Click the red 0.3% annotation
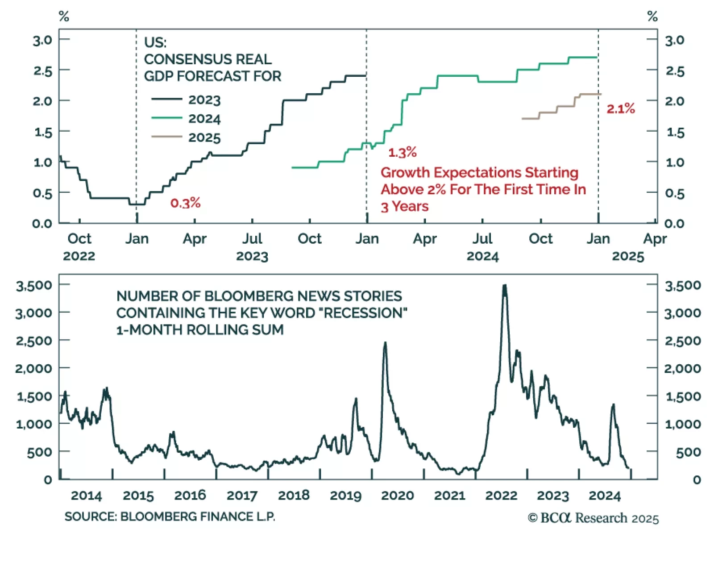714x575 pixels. point(185,203)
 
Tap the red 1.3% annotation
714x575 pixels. point(402,152)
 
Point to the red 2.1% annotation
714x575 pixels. point(620,108)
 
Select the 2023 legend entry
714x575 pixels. point(204,100)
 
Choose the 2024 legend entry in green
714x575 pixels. point(204,119)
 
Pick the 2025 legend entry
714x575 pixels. point(204,137)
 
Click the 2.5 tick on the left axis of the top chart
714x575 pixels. point(43,71)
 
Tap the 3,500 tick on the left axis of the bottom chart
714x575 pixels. point(34,285)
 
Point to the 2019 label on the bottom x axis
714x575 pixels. point(345,496)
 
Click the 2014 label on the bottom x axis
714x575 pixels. point(87,496)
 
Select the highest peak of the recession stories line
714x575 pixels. point(505,286)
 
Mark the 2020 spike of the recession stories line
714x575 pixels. point(385,343)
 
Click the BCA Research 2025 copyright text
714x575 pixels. point(593,518)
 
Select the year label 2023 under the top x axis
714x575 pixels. point(252,256)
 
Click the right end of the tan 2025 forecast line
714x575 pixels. point(601,94)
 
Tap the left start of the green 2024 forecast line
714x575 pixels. point(293,167)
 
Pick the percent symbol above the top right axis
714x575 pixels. point(652,17)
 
